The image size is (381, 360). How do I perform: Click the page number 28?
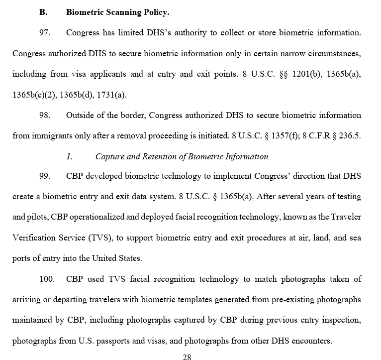[187, 357]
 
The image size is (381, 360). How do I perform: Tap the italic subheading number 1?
[69, 156]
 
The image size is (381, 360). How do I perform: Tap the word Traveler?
[345, 217]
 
